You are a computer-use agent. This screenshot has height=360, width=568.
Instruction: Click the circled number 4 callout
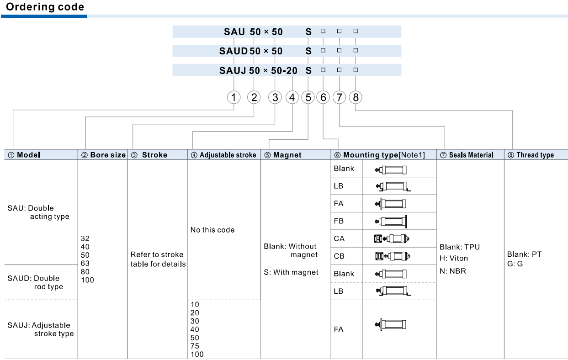(292, 97)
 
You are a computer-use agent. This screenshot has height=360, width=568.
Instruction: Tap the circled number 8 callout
(356, 97)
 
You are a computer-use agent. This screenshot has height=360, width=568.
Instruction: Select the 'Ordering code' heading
(45, 7)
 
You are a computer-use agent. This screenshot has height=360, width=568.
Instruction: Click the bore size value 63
(85, 264)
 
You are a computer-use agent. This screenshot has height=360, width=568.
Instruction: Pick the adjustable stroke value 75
(195, 346)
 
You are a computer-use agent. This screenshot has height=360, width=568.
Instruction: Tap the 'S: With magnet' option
(291, 272)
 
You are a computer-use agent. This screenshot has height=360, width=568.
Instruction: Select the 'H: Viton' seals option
(454, 258)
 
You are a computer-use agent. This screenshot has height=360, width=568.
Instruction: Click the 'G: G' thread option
(515, 264)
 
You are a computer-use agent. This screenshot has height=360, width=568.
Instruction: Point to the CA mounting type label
(339, 238)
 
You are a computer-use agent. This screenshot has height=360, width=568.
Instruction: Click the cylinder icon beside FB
(391, 221)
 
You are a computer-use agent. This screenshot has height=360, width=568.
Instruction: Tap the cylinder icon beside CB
(393, 256)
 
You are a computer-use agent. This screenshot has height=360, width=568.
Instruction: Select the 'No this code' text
(212, 230)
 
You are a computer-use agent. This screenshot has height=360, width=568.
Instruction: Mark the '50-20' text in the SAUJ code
(284, 70)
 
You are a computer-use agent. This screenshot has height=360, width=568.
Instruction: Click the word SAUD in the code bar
(234, 51)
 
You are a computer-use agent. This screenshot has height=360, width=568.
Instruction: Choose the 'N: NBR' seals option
(453, 271)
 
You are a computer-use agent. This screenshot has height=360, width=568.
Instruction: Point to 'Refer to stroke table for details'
(158, 259)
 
